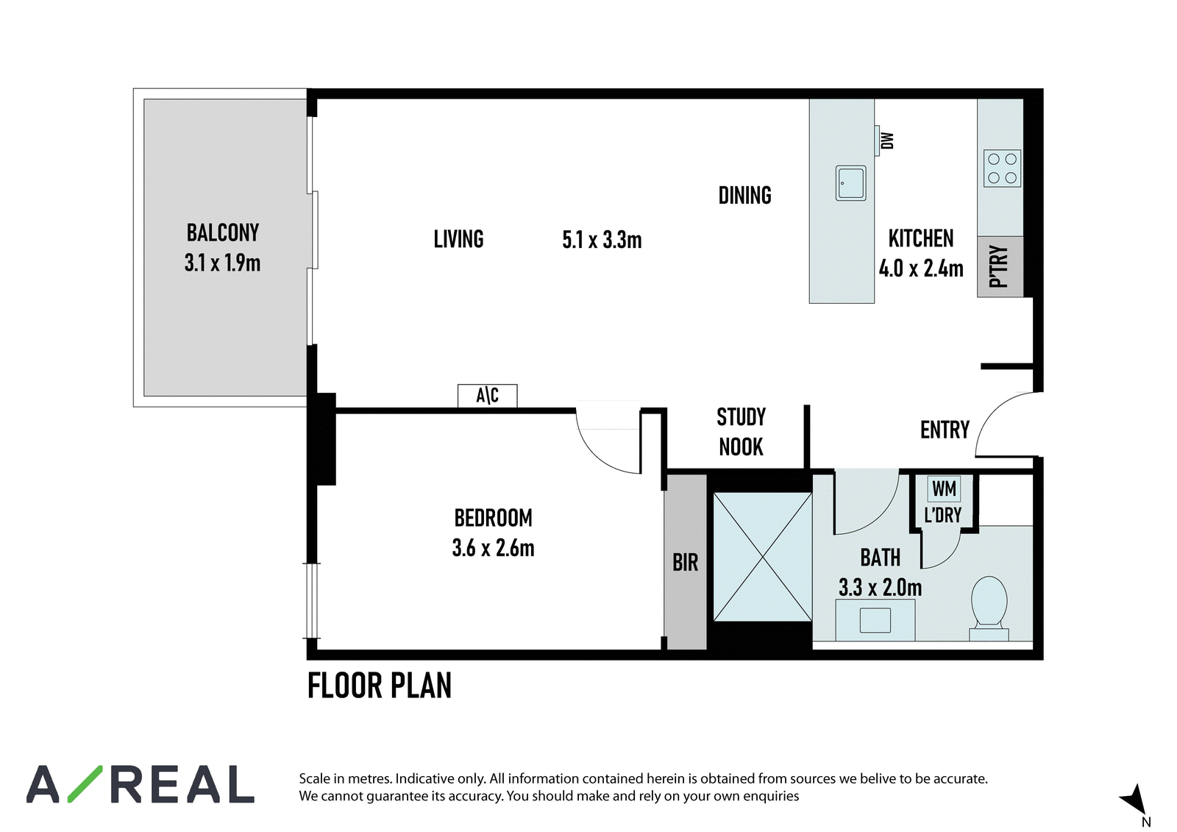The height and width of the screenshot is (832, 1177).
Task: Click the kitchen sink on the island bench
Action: click(x=850, y=183)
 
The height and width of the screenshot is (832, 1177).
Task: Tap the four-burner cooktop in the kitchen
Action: click(x=1002, y=168)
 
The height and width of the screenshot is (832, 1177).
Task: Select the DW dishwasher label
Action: click(x=887, y=141)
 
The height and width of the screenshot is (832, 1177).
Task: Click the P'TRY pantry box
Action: click(x=1000, y=266)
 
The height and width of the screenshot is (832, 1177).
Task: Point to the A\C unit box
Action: click(x=487, y=396)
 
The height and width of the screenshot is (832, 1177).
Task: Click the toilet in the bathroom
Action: click(x=989, y=608)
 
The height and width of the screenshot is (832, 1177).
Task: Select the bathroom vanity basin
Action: click(x=875, y=620)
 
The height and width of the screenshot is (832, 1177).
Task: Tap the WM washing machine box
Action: click(x=945, y=488)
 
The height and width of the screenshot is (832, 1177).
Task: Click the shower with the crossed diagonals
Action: click(x=762, y=557)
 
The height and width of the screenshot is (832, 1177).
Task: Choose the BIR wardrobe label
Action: click(x=685, y=562)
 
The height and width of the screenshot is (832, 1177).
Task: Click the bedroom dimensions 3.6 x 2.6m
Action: click(x=493, y=547)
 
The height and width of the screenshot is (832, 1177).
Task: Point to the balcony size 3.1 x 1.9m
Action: click(x=222, y=263)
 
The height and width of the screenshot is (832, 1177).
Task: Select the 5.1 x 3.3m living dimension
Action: click(x=602, y=240)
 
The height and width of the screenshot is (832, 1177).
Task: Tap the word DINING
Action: click(x=744, y=195)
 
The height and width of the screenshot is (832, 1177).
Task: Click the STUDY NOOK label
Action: click(x=741, y=432)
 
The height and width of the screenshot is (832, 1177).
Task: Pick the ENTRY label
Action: click(x=945, y=430)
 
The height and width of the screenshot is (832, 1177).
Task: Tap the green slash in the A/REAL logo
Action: click(x=85, y=783)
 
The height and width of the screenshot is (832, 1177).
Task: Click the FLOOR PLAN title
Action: click(x=380, y=686)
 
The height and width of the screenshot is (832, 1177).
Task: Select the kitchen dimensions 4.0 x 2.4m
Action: click(x=920, y=269)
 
